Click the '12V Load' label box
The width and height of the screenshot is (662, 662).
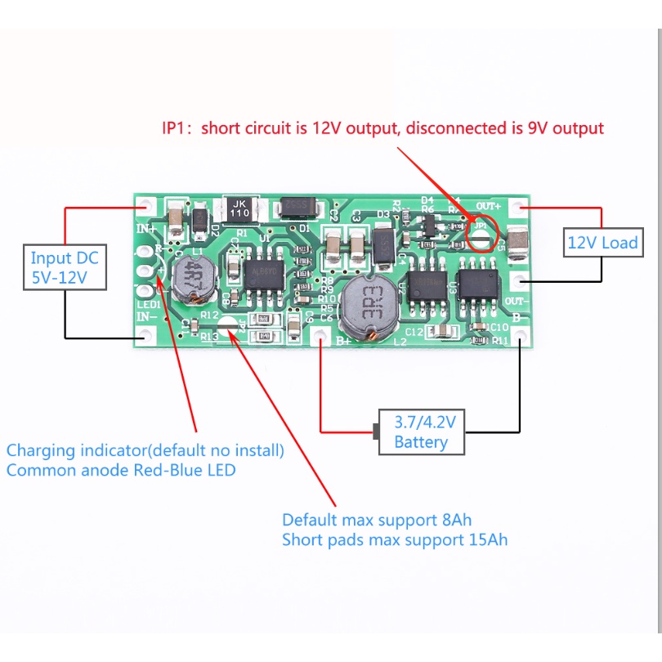pyautogui.click(x=602, y=243)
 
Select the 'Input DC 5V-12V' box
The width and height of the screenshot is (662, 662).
pyautogui.click(x=65, y=268)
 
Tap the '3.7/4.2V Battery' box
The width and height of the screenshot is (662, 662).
pyautogui.click(x=421, y=432)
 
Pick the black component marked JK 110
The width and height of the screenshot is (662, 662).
pyautogui.click(x=239, y=208)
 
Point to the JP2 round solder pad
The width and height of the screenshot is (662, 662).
pyautogui.click(x=231, y=327)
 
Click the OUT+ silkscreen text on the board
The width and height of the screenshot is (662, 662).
pyautogui.click(x=489, y=204)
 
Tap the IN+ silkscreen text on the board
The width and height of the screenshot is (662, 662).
pyautogui.click(x=145, y=228)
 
